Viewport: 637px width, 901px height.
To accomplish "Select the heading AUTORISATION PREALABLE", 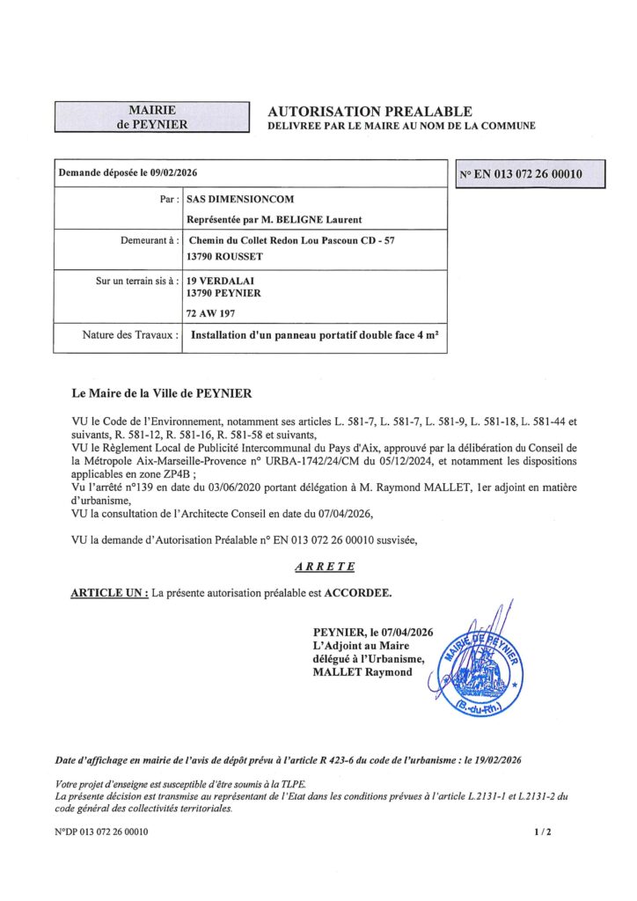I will [370, 112].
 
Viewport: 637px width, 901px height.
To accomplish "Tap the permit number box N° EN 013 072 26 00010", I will [521, 174].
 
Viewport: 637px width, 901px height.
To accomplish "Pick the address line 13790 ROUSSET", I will [225, 257].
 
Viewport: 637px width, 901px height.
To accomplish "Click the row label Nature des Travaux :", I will [131, 335].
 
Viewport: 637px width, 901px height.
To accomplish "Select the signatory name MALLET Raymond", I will [362, 673].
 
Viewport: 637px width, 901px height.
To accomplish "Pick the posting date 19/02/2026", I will [498, 759].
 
